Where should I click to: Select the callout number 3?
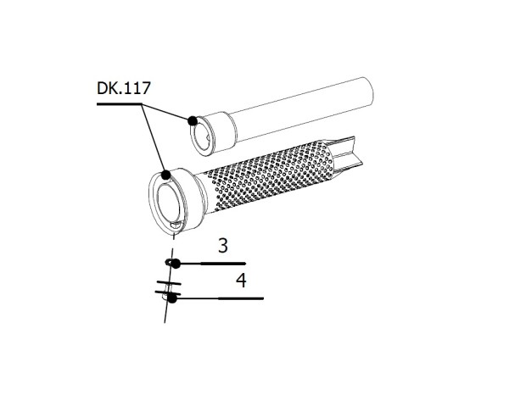(x=222, y=247)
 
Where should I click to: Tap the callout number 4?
(x=241, y=281)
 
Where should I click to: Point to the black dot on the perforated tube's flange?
(x=167, y=174)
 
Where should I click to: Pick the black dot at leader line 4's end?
(x=172, y=298)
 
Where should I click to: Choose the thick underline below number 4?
(x=242, y=298)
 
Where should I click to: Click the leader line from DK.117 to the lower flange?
(x=154, y=139)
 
